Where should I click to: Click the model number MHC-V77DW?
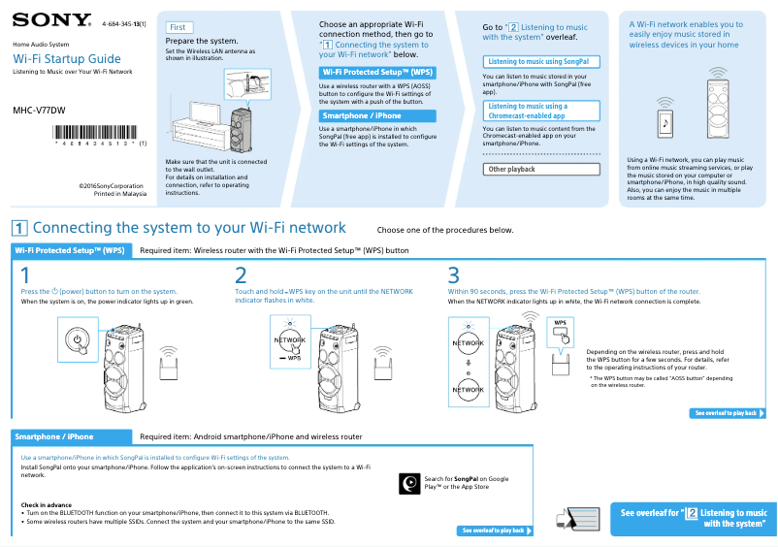[39, 110]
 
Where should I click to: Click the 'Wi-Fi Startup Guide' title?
[67, 59]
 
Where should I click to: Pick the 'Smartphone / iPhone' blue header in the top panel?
[376, 115]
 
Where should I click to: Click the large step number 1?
[26, 275]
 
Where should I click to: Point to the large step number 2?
[241, 275]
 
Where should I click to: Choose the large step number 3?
[453, 275]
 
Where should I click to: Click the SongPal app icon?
[410, 482]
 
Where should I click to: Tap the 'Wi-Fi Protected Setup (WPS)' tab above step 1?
[70, 250]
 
